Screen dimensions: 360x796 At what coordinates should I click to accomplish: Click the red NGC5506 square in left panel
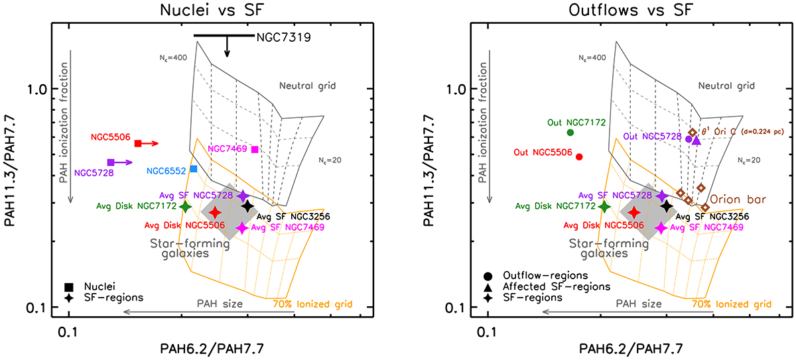click(138, 143)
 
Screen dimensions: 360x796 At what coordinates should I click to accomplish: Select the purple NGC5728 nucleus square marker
click(111, 162)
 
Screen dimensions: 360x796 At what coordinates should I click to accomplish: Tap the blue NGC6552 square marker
click(193, 169)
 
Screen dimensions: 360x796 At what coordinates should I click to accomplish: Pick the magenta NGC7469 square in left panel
click(255, 149)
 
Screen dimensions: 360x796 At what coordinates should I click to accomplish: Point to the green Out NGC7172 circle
click(570, 133)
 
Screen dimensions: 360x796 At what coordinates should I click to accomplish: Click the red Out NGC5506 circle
click(579, 157)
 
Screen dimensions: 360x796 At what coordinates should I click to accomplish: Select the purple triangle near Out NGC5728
click(696, 140)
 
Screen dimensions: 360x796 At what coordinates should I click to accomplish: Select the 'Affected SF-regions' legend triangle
click(488, 286)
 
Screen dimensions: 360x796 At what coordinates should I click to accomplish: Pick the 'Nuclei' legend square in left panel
click(68, 286)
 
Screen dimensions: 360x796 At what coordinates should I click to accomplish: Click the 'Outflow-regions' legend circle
click(488, 275)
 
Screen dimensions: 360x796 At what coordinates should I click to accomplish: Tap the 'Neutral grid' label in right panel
click(727, 86)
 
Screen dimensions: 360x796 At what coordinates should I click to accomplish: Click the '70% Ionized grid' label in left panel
click(312, 305)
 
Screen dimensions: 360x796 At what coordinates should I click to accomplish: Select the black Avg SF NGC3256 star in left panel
click(247, 206)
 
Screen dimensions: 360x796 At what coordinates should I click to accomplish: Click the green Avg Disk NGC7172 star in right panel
click(604, 206)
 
